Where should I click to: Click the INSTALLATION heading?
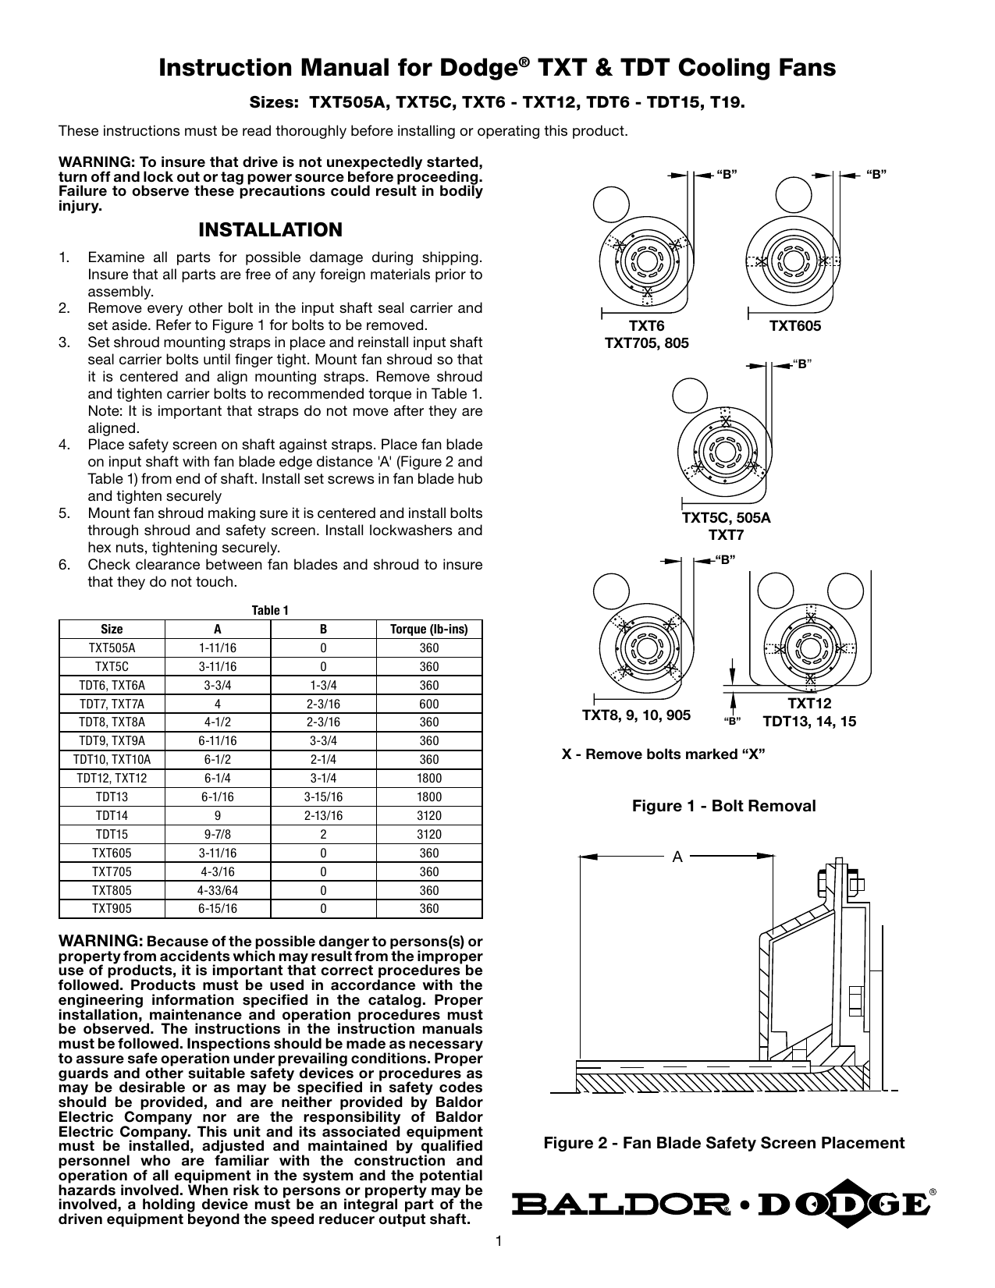(x=270, y=230)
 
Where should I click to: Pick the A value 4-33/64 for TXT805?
(x=218, y=890)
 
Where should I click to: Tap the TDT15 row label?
(x=112, y=834)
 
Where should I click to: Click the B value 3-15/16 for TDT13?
(x=323, y=797)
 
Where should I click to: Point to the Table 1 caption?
(x=270, y=611)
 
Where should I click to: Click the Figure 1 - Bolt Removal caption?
(x=723, y=806)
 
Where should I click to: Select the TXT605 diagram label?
(x=795, y=326)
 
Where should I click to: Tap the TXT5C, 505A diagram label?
(x=726, y=518)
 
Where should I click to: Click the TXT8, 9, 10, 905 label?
(x=636, y=715)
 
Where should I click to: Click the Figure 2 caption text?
(x=723, y=1143)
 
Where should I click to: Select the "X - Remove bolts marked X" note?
(x=663, y=754)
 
